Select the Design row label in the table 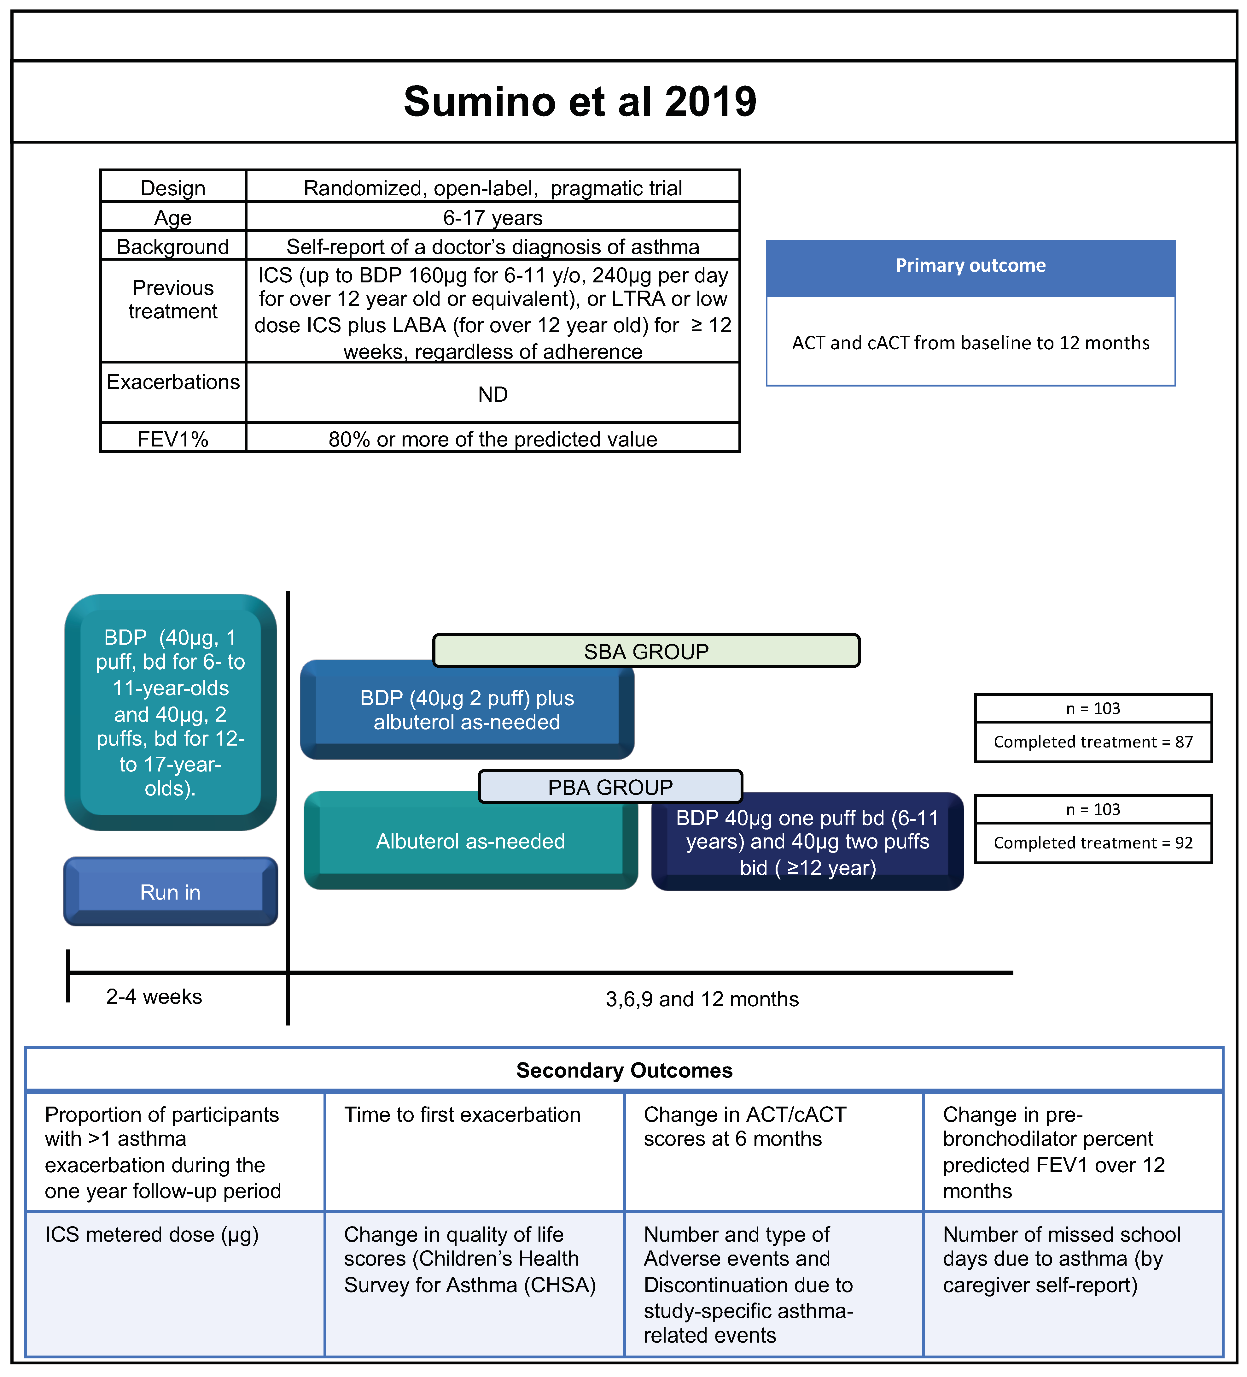pyautogui.click(x=173, y=188)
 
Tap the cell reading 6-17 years pyautogui.click(x=492, y=217)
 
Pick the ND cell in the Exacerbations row pyautogui.click(x=492, y=394)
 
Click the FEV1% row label pyautogui.click(x=173, y=439)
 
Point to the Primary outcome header pyautogui.click(x=970, y=266)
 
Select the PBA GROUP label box pyautogui.click(x=610, y=787)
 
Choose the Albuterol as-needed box pyautogui.click(x=470, y=841)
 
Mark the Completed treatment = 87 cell pyautogui.click(x=1093, y=742)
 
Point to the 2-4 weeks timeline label pyautogui.click(x=154, y=996)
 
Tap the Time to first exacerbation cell pyautogui.click(x=462, y=1115)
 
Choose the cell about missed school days pyautogui.click(x=1061, y=1259)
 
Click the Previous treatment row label pyautogui.click(x=173, y=299)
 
